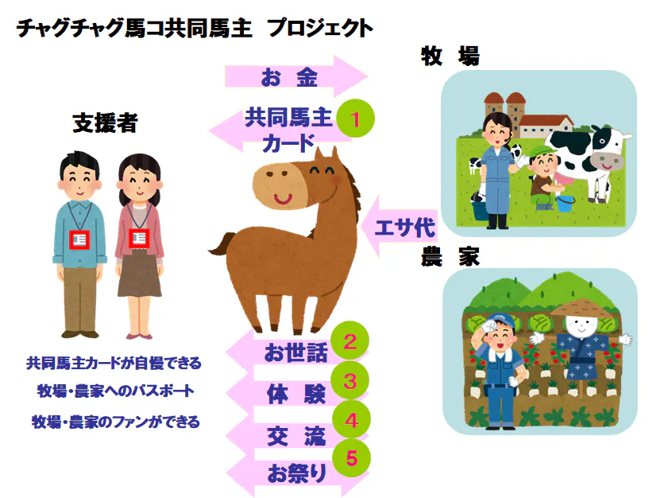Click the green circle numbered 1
[x=356, y=119]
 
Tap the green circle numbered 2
[x=349, y=341]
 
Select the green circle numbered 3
[x=349, y=380]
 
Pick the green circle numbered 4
[x=351, y=419]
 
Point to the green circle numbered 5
[x=352, y=458]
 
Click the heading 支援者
[x=106, y=123]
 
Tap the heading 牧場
[x=450, y=56]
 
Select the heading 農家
[x=450, y=257]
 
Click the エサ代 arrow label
[x=405, y=228]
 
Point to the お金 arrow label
[x=289, y=78]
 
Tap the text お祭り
[x=297, y=473]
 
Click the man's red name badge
[x=79, y=239]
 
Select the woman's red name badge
[x=139, y=239]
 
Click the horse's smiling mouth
[x=283, y=198]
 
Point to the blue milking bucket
[x=566, y=203]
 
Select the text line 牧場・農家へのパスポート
[x=116, y=391]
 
